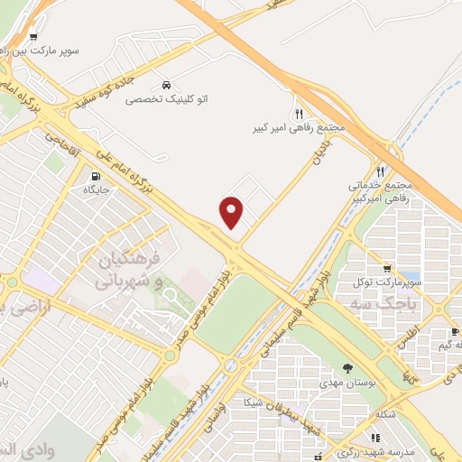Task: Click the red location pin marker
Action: click(x=232, y=213)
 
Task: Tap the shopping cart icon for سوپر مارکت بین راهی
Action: click(x=33, y=37)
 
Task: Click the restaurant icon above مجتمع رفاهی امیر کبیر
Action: click(x=299, y=114)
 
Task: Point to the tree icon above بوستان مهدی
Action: click(x=348, y=368)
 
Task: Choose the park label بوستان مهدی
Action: click(x=347, y=383)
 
